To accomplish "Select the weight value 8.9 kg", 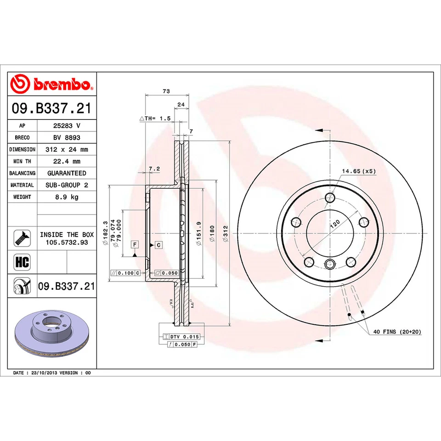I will click(67, 197).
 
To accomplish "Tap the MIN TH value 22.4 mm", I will click(67, 161).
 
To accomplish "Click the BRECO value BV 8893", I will click(67, 137).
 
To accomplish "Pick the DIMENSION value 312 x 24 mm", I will click(67, 149).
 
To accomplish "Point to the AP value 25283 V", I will click(67, 125).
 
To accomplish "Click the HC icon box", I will click(22, 262).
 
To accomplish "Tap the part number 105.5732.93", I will click(67, 242).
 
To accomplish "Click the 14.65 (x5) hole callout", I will click(358, 171).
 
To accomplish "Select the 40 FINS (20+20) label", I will click(397, 331).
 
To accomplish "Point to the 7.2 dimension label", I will click(155, 169).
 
